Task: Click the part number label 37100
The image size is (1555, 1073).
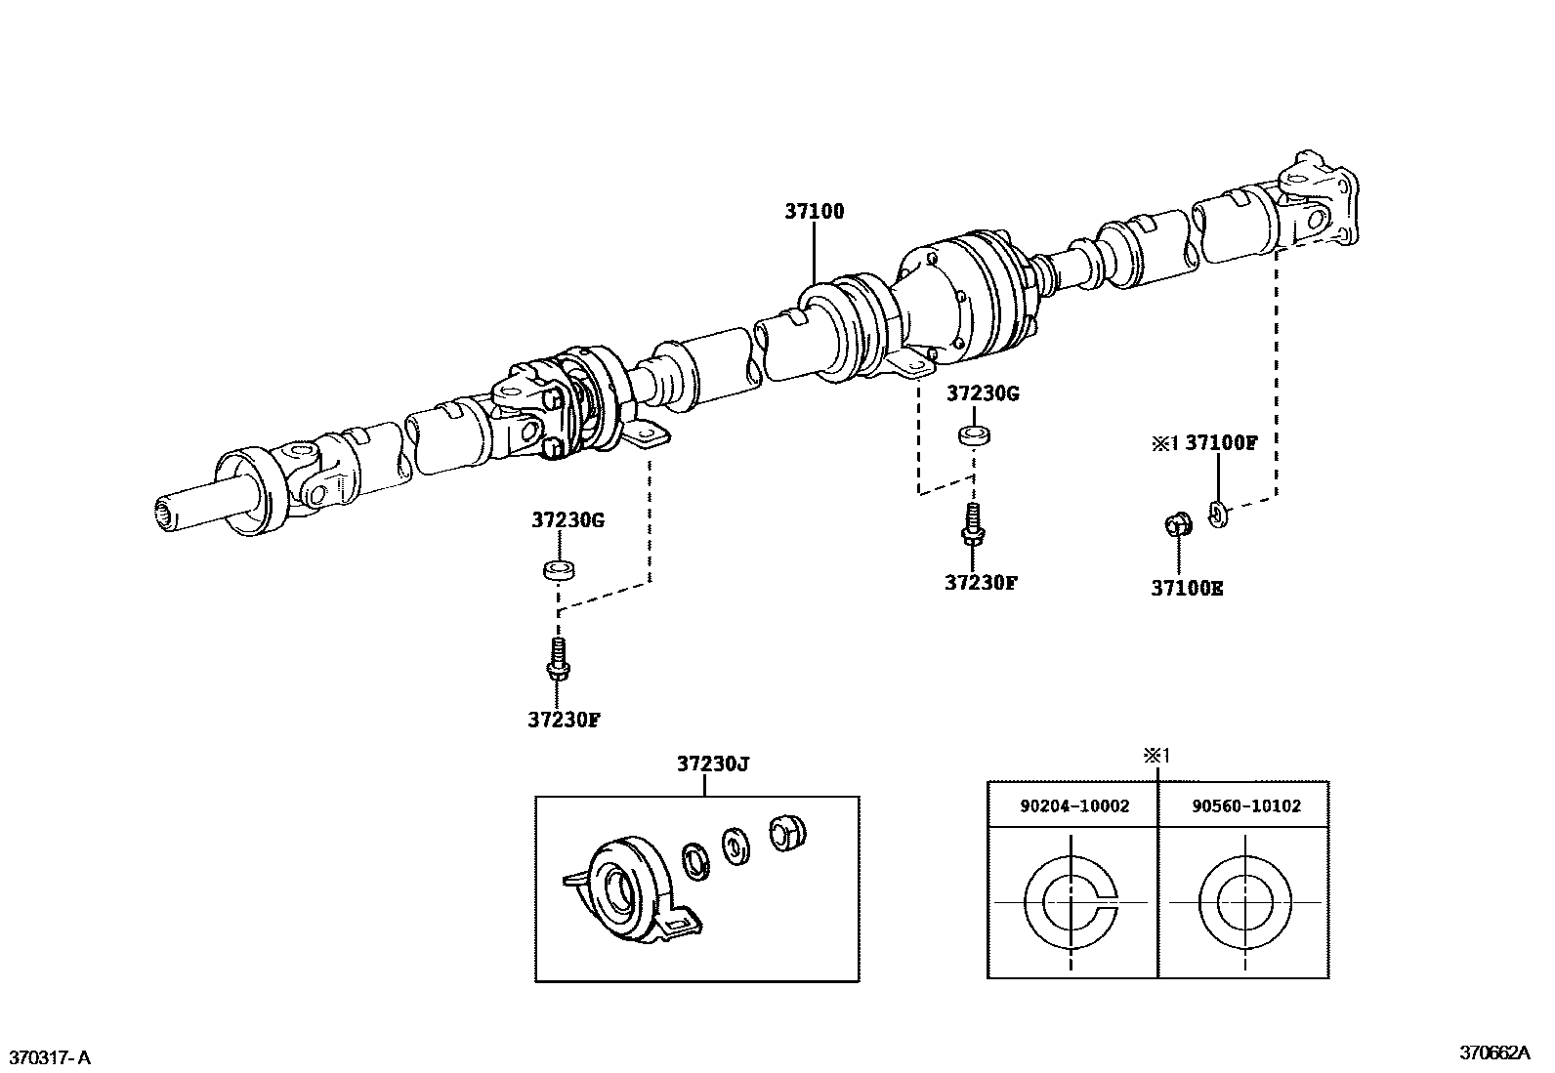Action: pyautogui.click(x=815, y=211)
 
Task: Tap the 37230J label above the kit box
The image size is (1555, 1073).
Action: pyautogui.click(x=713, y=764)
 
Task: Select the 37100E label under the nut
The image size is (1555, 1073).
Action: pyautogui.click(x=1187, y=589)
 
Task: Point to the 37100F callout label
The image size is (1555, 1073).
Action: pyautogui.click(x=1221, y=442)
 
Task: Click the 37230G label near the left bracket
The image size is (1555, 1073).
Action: pyautogui.click(x=567, y=520)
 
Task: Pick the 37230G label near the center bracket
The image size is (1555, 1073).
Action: pyautogui.click(x=983, y=393)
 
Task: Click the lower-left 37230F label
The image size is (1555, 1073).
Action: pyautogui.click(x=564, y=720)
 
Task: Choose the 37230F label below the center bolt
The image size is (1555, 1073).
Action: pyautogui.click(x=981, y=583)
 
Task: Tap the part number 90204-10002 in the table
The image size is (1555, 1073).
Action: pyautogui.click(x=1073, y=806)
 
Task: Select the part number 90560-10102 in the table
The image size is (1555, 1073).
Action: pyautogui.click(x=1245, y=806)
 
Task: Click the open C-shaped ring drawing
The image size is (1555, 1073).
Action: pyautogui.click(x=1072, y=902)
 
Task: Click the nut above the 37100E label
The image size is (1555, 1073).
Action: pyautogui.click(x=1178, y=524)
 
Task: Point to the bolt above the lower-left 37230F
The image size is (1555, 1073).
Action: pyautogui.click(x=558, y=658)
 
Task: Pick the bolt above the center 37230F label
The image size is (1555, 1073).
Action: pyautogui.click(x=973, y=523)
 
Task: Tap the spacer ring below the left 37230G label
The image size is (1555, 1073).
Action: pyautogui.click(x=558, y=568)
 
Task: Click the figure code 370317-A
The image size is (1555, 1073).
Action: pyautogui.click(x=50, y=1057)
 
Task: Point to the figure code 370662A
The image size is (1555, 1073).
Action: pyautogui.click(x=1493, y=1052)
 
